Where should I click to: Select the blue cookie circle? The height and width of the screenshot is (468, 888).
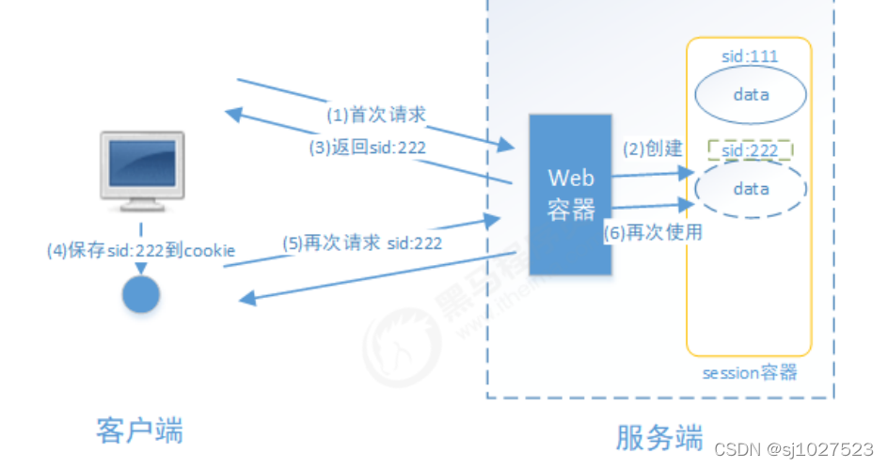[142, 294]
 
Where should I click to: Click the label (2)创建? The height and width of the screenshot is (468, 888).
[651, 149]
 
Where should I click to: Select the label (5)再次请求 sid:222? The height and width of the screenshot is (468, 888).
[362, 242]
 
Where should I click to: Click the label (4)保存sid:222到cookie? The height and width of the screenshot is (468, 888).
[141, 251]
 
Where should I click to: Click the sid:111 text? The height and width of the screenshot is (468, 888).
[749, 57]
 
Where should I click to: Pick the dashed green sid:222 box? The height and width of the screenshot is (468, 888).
[750, 151]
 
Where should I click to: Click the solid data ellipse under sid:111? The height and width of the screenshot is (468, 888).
[750, 95]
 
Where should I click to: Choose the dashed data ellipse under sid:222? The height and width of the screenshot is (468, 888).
[750, 189]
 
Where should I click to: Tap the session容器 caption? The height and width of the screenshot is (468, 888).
[750, 373]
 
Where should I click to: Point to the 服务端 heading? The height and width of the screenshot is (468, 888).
[659, 437]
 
